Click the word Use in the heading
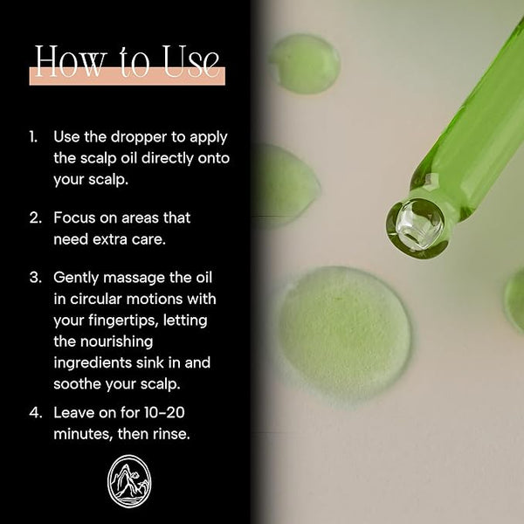tap(191, 61)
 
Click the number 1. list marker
tap(33, 137)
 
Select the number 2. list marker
tap(35, 217)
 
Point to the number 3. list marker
tap(36, 278)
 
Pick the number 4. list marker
tap(36, 413)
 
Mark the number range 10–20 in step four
tap(164, 413)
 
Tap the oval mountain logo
tap(129, 481)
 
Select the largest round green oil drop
tap(345, 331)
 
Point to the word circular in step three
tap(95, 299)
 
